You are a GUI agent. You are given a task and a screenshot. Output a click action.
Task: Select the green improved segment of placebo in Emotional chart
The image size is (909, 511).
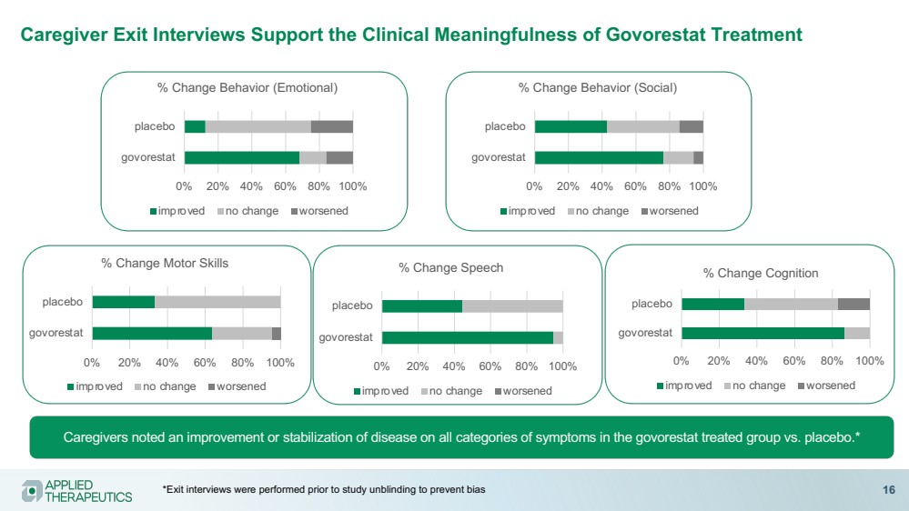pos(195,126)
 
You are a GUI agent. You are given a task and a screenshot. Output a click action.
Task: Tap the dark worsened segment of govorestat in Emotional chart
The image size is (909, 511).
pos(339,157)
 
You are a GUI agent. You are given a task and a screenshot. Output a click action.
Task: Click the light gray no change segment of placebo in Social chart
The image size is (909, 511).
pos(643,126)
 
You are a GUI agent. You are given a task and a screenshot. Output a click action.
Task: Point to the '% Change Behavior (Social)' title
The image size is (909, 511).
pos(598,87)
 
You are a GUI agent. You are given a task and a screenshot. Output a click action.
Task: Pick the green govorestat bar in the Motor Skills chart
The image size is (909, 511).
pos(152,333)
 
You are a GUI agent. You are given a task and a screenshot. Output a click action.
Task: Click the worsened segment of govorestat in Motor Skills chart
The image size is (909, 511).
pos(277,333)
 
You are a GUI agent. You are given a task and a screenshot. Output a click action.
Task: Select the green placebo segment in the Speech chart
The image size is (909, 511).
pos(422,306)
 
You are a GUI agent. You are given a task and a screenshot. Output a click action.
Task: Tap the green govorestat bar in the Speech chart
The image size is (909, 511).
pos(468,337)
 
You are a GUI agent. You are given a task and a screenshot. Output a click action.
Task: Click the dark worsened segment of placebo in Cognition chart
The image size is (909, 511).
pos(853,304)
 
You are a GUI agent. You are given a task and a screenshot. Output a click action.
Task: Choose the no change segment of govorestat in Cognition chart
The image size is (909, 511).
pos(857,333)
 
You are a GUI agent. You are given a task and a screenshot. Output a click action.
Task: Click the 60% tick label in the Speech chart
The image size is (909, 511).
pos(490,366)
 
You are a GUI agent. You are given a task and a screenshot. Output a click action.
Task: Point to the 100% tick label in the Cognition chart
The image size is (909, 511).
pos(870,361)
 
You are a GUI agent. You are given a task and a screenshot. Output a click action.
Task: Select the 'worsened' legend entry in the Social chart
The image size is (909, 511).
pos(674,211)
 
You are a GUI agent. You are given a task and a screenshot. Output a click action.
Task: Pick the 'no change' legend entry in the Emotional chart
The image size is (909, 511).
pos(251,211)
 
